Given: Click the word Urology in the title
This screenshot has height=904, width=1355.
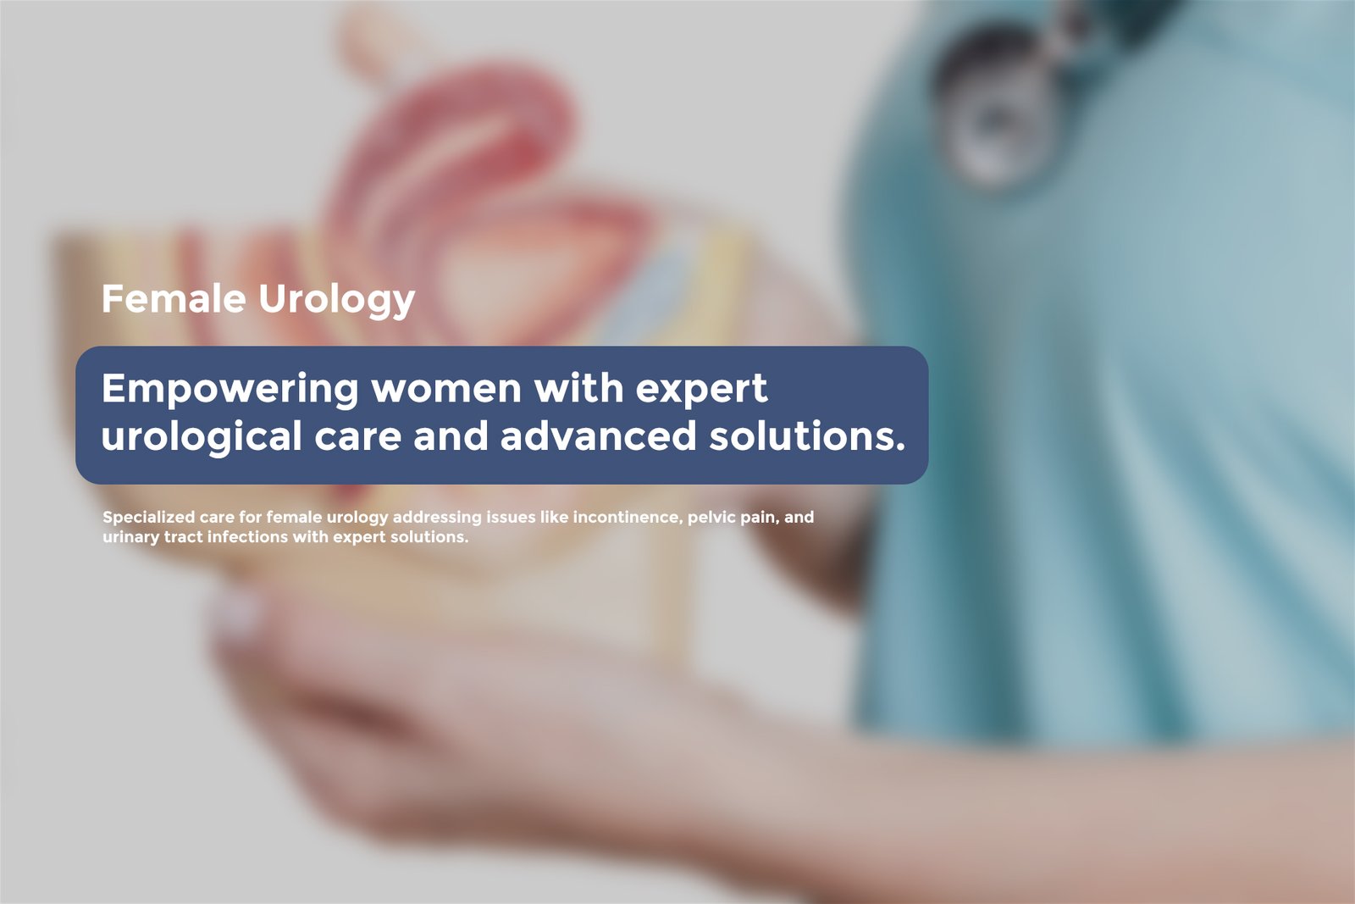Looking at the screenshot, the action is [336, 301].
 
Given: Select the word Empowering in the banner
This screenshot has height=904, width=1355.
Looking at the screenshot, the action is [230, 389].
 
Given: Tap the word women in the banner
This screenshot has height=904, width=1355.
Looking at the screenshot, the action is [446, 389].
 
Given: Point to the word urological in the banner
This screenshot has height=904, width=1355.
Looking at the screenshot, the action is [202, 436].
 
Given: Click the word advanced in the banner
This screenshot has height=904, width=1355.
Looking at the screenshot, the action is [598, 435].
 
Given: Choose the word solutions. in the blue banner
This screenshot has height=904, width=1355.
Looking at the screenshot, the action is [807, 435].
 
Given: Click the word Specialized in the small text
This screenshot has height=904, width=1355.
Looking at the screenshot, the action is [149, 518].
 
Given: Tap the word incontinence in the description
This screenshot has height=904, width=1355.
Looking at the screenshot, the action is [627, 518].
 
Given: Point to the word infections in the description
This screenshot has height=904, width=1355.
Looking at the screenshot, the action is [247, 537].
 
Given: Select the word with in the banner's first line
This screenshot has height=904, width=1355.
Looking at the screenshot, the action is [579, 388].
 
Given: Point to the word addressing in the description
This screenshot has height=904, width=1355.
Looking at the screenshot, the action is [437, 519].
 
